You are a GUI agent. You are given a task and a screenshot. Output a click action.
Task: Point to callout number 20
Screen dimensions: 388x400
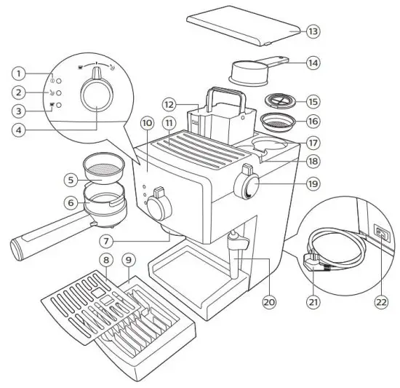click(269, 300)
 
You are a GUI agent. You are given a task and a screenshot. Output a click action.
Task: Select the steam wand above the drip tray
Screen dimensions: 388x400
click(234, 251)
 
